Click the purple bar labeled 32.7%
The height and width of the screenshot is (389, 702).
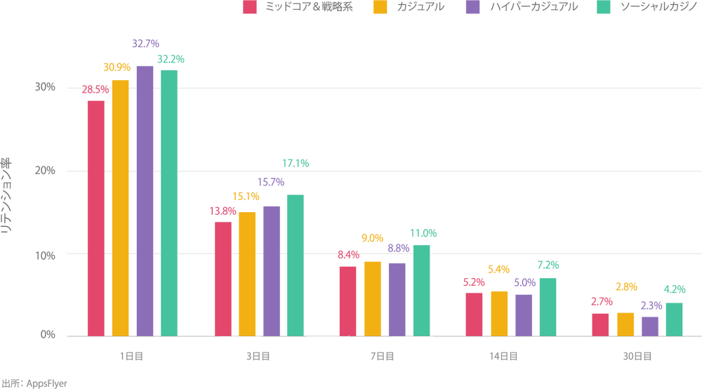coord(145,201)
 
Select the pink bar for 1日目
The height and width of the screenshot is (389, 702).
coord(95,218)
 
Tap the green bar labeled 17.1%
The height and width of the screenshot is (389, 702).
coord(295,265)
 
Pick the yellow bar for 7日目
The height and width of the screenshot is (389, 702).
coord(373,298)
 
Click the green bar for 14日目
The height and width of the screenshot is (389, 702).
coord(548,307)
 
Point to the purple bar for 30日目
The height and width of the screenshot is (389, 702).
coord(650,327)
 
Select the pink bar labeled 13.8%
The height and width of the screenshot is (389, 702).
coord(223,279)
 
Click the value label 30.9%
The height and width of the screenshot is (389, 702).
coord(117,67)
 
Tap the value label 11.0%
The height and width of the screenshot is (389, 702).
coord(423,233)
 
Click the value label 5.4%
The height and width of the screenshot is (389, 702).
coord(498,269)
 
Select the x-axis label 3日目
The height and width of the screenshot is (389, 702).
coord(258,357)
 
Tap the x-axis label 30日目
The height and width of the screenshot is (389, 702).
coord(637,357)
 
